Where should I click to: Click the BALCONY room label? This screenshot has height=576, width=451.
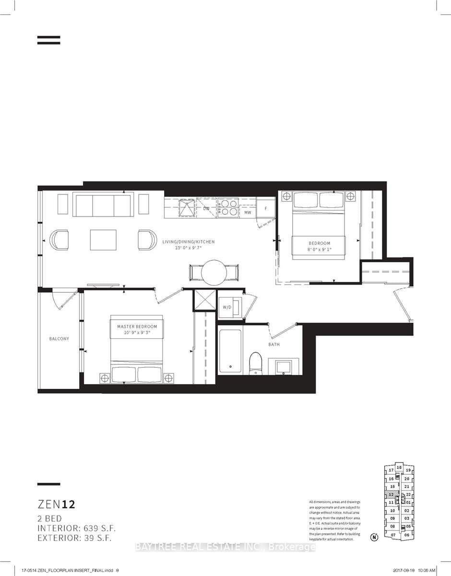coord(59,338)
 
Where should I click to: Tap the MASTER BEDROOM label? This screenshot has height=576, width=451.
coord(137,326)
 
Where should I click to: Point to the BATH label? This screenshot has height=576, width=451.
coord(274,344)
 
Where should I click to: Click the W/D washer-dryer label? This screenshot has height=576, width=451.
coord(225,307)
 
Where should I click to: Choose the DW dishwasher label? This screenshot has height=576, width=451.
coord(206,209)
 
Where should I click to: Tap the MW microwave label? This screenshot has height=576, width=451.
coord(248,212)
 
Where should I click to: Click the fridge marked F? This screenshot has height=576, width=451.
coord(265,209)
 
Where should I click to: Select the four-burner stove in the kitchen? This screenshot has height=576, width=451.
coord(228,207)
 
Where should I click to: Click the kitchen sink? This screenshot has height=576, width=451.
coord(185,208)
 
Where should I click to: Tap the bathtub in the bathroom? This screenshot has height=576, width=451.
coord(230,349)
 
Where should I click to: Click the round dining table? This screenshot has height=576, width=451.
coord(214,273)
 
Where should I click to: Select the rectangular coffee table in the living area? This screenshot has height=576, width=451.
coord(103,240)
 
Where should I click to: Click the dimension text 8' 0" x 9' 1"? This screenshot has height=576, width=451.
coord(320,250)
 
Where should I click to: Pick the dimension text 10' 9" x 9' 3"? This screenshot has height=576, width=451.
coord(137,333)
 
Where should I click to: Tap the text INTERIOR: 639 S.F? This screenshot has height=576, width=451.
coord(77,528)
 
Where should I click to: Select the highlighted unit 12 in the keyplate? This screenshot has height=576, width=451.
coord(392,494)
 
